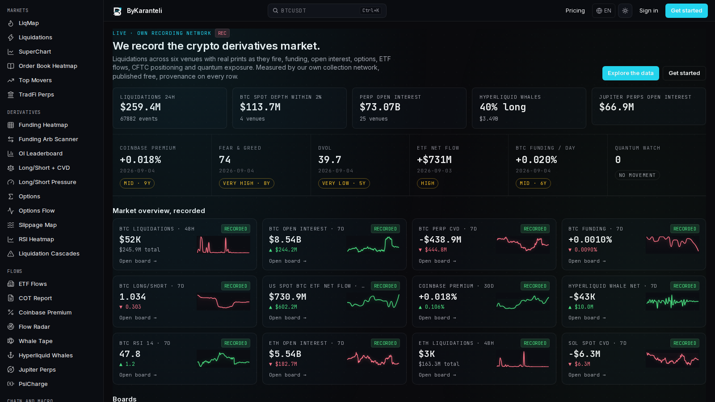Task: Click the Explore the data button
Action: click(x=631, y=73)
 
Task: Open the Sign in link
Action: click(x=648, y=11)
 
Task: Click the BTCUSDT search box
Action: click(x=327, y=11)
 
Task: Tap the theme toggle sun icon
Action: click(x=625, y=11)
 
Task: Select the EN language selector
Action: click(x=604, y=11)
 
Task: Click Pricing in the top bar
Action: click(x=575, y=11)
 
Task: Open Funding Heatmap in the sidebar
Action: click(x=43, y=125)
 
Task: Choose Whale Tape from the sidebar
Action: click(x=35, y=341)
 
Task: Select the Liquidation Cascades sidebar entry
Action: click(x=49, y=253)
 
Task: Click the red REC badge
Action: click(x=222, y=33)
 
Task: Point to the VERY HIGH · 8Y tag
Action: click(x=246, y=183)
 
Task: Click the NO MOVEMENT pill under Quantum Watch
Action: click(x=637, y=175)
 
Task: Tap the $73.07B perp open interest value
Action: click(x=380, y=107)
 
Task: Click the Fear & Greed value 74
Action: click(x=225, y=159)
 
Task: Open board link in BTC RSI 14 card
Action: click(x=138, y=375)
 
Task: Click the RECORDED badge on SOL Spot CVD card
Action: click(x=684, y=343)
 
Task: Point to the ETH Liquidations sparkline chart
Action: click(x=523, y=359)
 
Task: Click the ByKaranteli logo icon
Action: click(x=117, y=11)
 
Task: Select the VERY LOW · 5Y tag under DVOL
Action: click(x=344, y=183)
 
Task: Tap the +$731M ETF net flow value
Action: click(x=434, y=159)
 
